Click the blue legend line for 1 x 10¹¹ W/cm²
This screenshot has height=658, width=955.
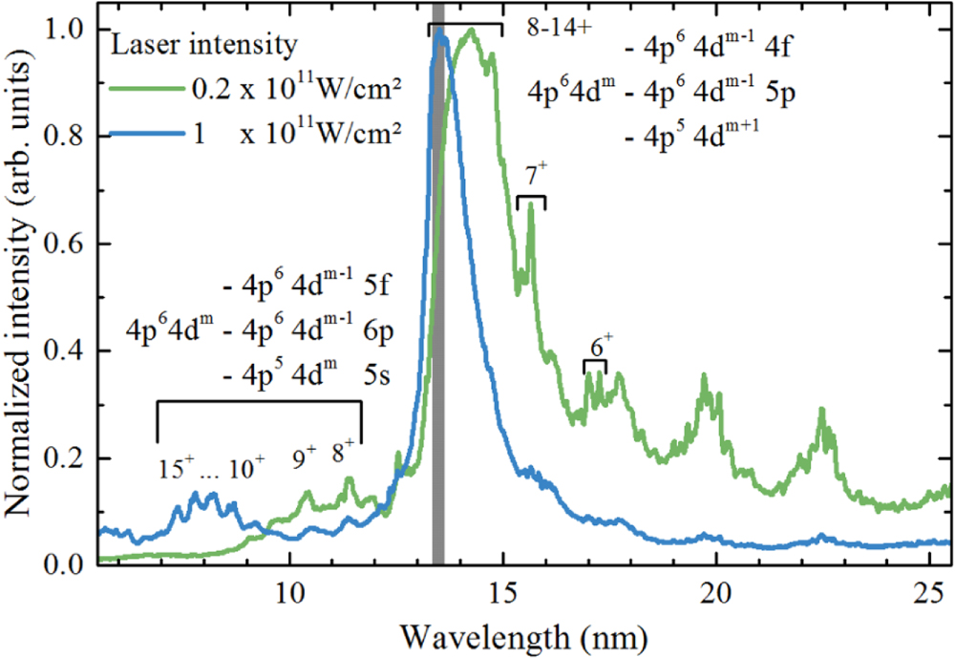coord(144,134)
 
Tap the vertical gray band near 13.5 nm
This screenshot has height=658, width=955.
coord(438,287)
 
